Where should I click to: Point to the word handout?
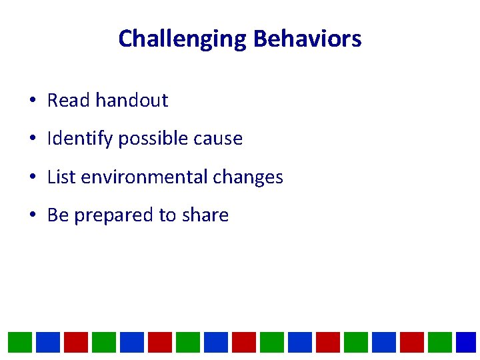tap(131, 101)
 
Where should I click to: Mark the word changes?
tap(249, 177)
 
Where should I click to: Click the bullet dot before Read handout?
tap(32, 101)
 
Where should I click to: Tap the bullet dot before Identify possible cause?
tap(32, 139)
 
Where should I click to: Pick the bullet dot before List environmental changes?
tap(32, 178)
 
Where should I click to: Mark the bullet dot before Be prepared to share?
tap(32, 216)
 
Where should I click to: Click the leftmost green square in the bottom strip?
tap(20, 342)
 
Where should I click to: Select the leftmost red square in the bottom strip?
tap(76, 342)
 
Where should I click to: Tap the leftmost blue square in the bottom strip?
tap(48, 342)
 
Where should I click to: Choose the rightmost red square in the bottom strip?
tap(412, 342)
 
